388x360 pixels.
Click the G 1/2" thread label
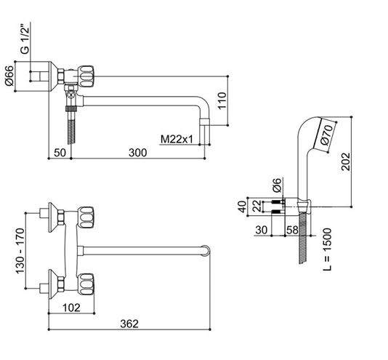pos(25,40)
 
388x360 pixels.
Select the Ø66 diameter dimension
pos(9,76)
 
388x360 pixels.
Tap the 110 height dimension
pos(222,100)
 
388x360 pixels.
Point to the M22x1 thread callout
pos(177,139)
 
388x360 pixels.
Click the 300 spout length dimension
pos(138,153)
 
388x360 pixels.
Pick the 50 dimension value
pos(60,153)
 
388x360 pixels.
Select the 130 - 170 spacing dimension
pos(20,251)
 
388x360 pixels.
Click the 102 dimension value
pos(71,308)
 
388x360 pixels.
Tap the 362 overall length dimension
pos(129,324)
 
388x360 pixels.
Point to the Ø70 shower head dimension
pos(326,135)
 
